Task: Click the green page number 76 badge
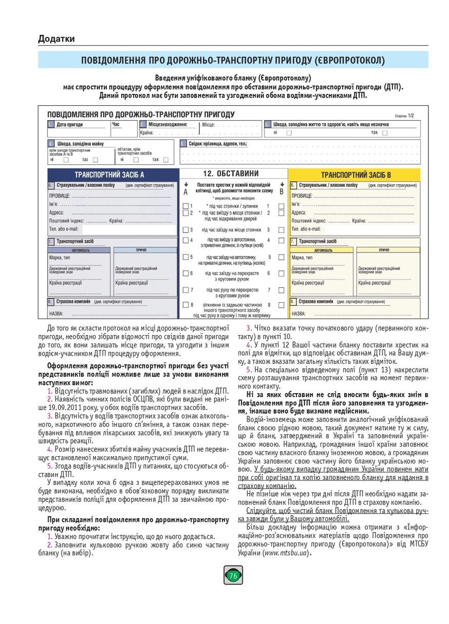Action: tap(233, 576)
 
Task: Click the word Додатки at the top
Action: tap(56, 38)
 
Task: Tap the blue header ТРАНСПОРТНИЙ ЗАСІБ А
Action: tap(109, 174)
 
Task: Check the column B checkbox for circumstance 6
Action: tap(281, 274)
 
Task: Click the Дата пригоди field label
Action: tap(69, 124)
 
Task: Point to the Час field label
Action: tap(116, 124)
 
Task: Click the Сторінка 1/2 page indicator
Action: tap(404, 116)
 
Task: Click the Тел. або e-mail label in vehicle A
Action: tap(64, 229)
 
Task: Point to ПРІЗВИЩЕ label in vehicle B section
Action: tap(302, 196)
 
